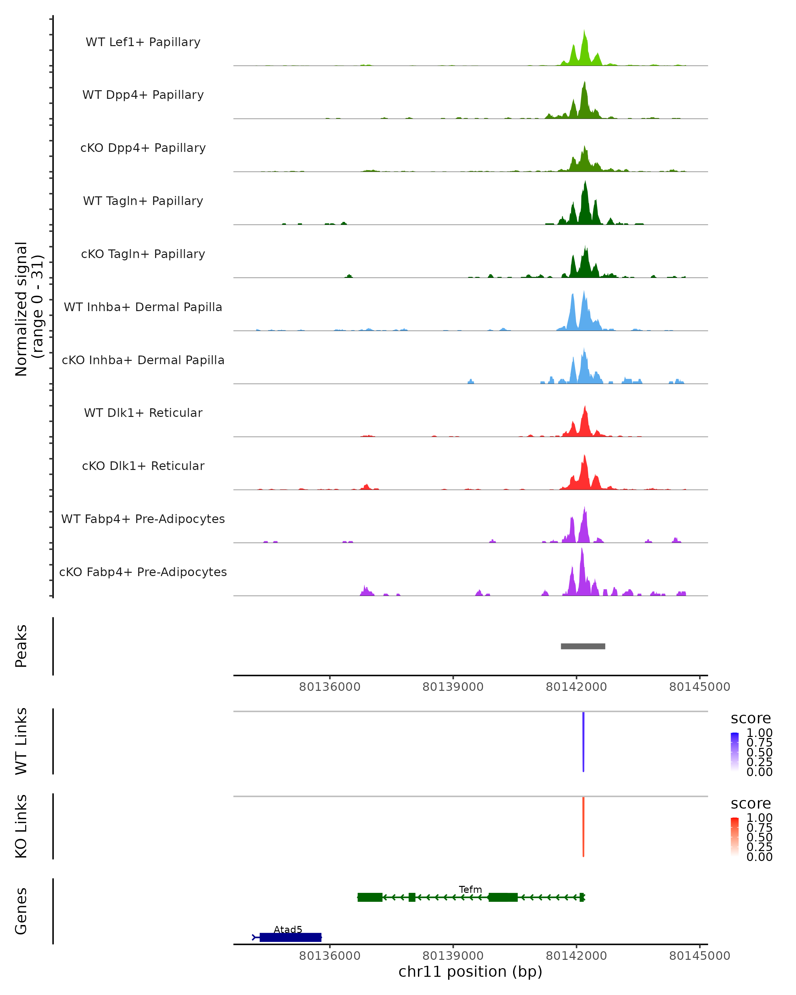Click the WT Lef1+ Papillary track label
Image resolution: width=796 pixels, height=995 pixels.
pyautogui.click(x=143, y=42)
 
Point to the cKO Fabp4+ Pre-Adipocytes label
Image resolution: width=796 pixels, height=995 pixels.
pyautogui.click(x=143, y=572)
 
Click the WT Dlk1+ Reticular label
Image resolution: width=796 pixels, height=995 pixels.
pyautogui.click(x=143, y=413)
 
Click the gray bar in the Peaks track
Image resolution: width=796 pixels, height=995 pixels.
pyautogui.click(x=583, y=646)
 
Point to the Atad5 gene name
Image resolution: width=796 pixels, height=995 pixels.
pyautogui.click(x=288, y=929)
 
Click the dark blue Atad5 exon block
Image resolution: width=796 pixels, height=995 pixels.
pyautogui.click(x=291, y=937)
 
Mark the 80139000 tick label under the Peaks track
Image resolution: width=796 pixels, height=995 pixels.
pyautogui.click(x=453, y=687)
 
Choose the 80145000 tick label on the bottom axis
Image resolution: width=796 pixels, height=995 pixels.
pyautogui.click(x=699, y=956)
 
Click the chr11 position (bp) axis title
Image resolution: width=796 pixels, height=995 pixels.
pyautogui.click(x=470, y=972)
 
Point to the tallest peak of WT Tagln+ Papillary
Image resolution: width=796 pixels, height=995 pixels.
pyautogui.click(x=585, y=183)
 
